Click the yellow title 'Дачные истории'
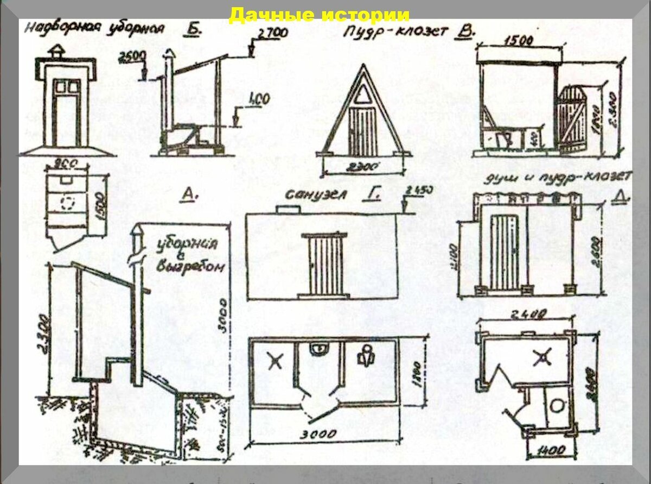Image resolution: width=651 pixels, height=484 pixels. pos(319,15)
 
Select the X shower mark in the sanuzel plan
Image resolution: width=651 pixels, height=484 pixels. pos(275,360)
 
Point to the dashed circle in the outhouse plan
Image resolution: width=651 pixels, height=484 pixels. pos(68,203)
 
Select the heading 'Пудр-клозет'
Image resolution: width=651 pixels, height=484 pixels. pos(395,32)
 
